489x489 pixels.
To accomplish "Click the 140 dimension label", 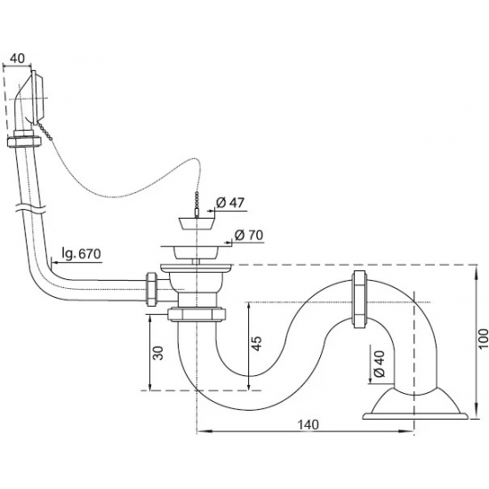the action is coord(308,424).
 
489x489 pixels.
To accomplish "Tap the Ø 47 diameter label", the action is coord(231,203).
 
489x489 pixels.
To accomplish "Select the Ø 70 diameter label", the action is coord(249,235).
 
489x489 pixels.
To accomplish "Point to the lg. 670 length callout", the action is coord(81,254).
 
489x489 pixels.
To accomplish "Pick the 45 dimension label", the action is coord(257,343).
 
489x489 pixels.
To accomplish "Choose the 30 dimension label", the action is coord(158,353).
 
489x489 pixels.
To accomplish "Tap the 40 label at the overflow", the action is coord(17,59).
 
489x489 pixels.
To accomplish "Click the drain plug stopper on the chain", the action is coord(196,223).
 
